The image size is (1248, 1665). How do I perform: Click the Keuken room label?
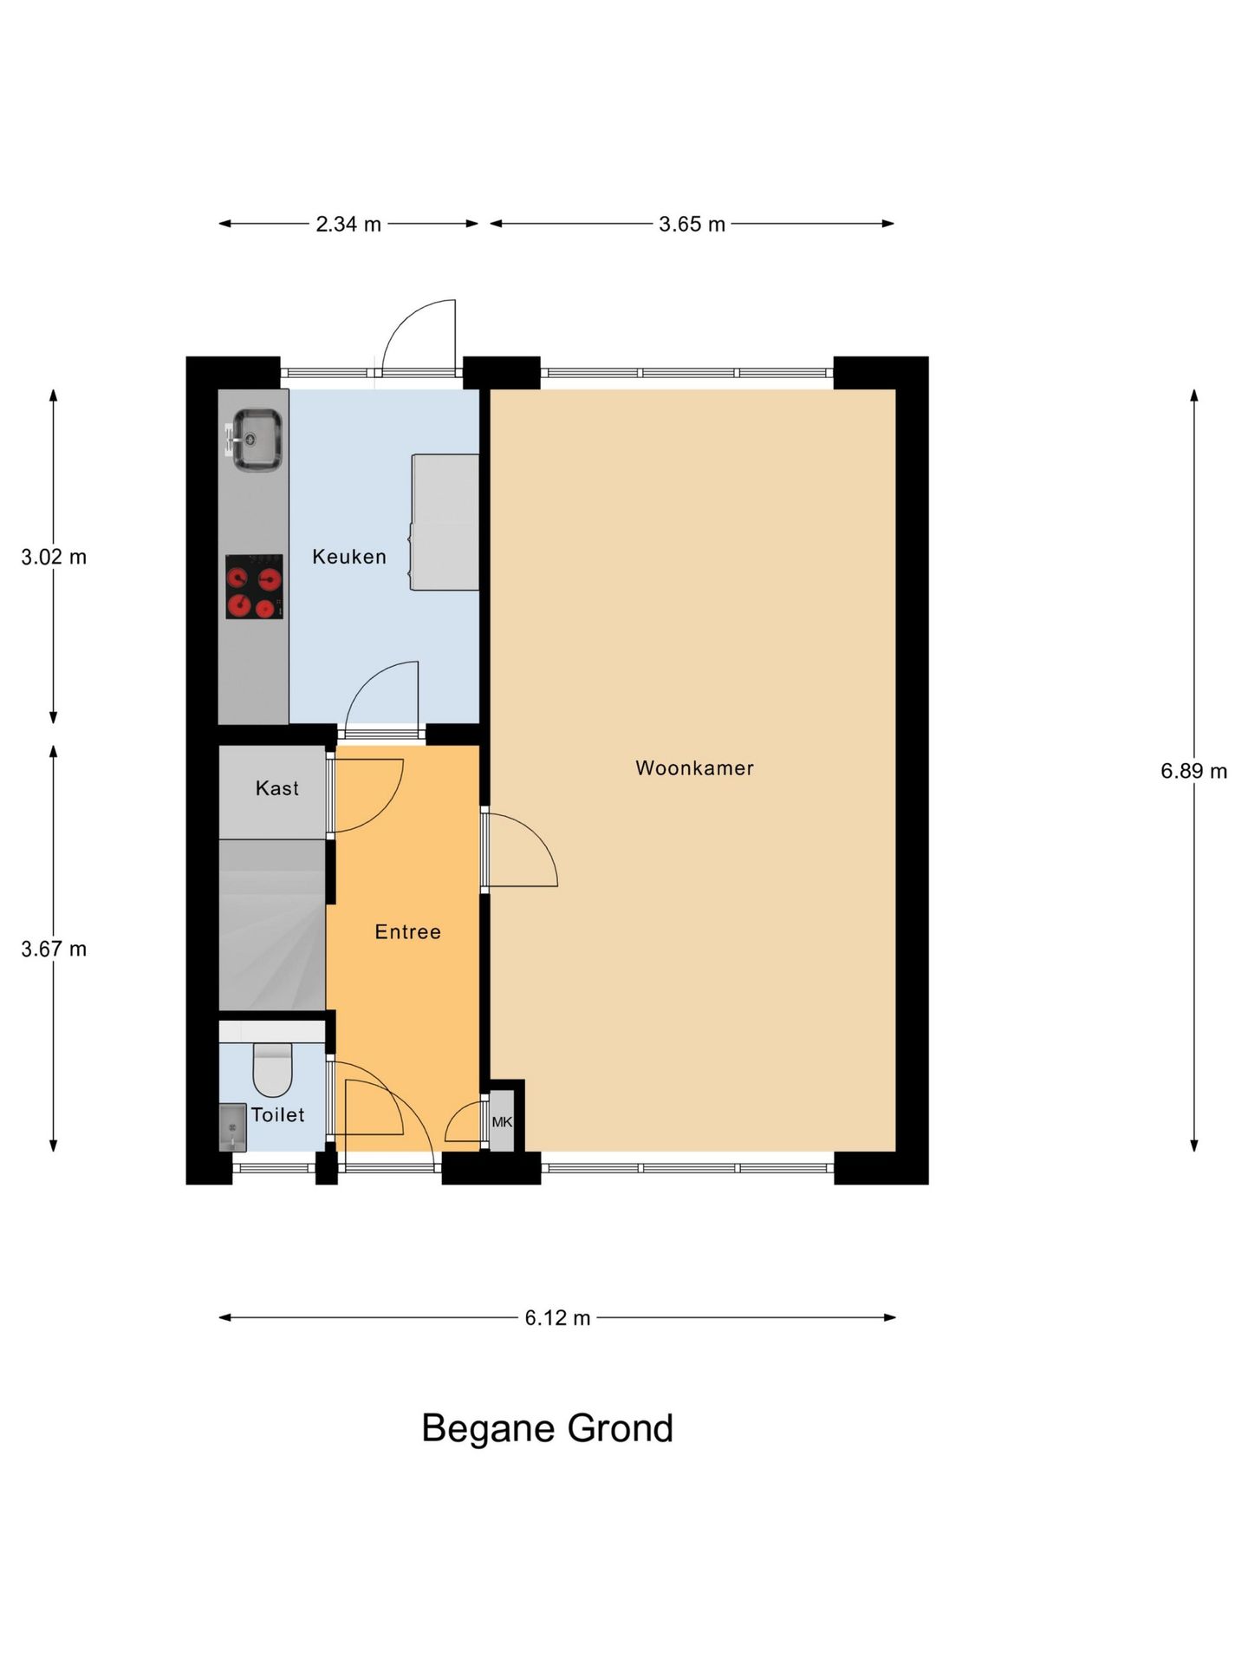pyautogui.click(x=349, y=557)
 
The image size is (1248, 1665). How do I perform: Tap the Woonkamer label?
pyautogui.click(x=694, y=767)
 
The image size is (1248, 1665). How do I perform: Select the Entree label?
pyautogui.click(x=407, y=932)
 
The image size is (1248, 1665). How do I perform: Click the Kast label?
pyautogui.click(x=276, y=788)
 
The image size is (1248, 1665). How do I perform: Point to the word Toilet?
pyautogui.click(x=277, y=1115)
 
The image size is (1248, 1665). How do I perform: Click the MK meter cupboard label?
pyautogui.click(x=502, y=1122)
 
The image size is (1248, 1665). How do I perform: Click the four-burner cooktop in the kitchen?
pyautogui.click(x=254, y=587)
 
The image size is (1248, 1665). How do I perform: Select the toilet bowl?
pyautogui.click(x=272, y=1070)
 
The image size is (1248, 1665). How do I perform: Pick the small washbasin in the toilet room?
pyautogui.click(x=232, y=1126)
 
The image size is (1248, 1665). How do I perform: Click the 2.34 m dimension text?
pyautogui.click(x=348, y=225)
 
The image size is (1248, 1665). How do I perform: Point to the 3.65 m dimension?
pyautogui.click(x=692, y=225)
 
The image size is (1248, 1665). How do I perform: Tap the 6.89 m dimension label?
pyautogui.click(x=1193, y=771)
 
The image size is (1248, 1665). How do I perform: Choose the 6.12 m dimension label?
pyautogui.click(x=557, y=1318)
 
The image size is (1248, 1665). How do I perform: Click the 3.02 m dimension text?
pyautogui.click(x=54, y=557)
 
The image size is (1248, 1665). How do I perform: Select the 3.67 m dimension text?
pyautogui.click(x=54, y=949)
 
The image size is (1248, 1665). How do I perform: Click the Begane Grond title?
pyautogui.click(x=547, y=1428)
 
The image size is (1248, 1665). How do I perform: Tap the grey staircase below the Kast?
pyautogui.click(x=272, y=924)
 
